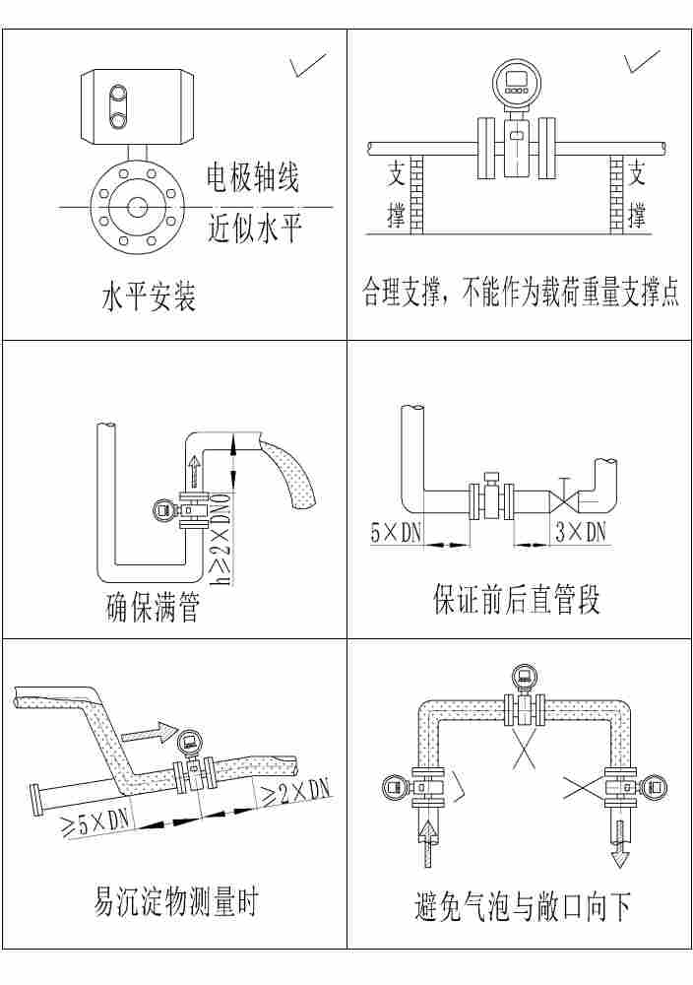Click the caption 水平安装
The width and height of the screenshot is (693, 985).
pos(149,296)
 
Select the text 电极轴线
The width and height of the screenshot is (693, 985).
pos(251,177)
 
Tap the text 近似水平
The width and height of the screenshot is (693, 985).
pos(254,229)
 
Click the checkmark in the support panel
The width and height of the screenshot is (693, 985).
pos(641,62)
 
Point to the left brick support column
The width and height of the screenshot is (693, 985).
pos(414,193)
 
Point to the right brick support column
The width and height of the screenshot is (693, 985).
pos(618,193)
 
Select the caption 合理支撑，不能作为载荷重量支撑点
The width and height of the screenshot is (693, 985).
pos(520,293)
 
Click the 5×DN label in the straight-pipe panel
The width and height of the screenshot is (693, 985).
pos(396,533)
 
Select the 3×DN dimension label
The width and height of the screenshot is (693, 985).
pos(581,533)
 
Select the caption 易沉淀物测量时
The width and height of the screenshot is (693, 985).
pos(175,900)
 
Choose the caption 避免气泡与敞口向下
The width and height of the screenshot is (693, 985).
pos(522,906)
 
